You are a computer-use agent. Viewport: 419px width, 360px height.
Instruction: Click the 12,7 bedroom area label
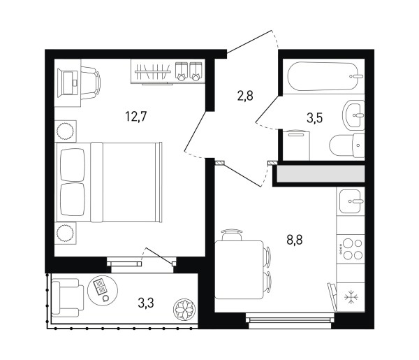(136, 117)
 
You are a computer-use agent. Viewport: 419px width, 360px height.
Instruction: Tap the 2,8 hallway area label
(245, 96)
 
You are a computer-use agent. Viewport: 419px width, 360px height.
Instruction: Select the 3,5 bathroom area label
(314, 117)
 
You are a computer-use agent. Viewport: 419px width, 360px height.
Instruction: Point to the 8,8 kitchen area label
(295, 240)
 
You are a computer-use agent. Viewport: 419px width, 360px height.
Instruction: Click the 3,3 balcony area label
(146, 303)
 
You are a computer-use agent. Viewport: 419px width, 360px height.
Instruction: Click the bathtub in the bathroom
(325, 76)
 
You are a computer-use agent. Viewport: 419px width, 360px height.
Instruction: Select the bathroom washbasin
(353, 115)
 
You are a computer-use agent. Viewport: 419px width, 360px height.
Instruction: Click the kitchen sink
(351, 201)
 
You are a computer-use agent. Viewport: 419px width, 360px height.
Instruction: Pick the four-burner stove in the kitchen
(351, 250)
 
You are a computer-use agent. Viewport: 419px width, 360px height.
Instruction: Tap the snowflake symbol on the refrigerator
(351, 297)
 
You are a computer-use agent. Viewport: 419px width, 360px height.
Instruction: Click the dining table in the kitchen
(239, 270)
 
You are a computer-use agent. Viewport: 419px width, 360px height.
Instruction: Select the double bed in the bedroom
(108, 182)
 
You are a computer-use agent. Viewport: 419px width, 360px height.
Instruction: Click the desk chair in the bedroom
(90, 83)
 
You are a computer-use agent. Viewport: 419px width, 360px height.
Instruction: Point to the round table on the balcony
(103, 291)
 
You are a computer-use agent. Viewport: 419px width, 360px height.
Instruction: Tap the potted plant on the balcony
(184, 310)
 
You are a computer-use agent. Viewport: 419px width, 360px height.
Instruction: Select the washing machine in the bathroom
(296, 145)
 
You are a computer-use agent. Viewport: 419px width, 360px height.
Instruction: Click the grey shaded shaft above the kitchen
(321, 173)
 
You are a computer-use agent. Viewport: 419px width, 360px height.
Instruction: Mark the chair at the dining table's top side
(232, 235)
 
